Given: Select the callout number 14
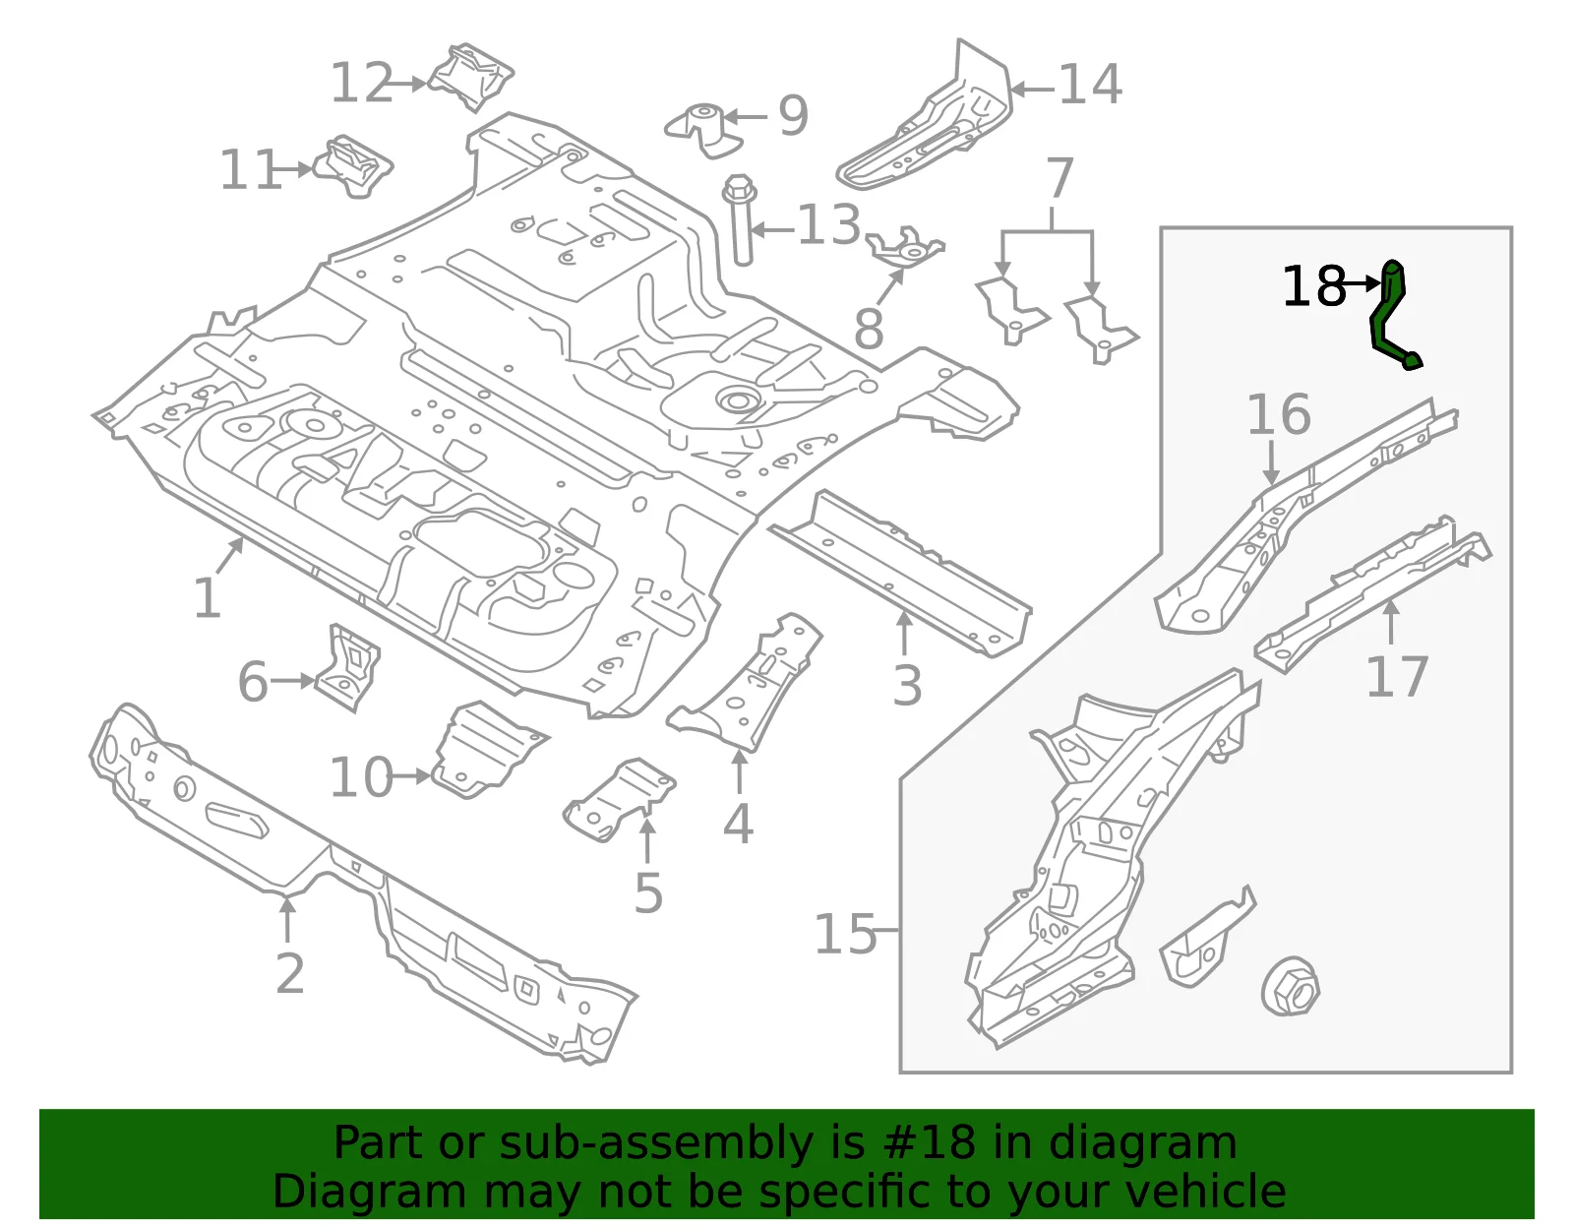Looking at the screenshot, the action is pos(1091,86).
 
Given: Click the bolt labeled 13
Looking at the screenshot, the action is pos(740,219).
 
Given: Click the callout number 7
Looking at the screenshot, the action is pos(1059,177).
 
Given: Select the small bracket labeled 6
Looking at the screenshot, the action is pos(348,667).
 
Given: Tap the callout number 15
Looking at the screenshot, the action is pos(845,934).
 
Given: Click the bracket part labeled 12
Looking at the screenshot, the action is pos(471,78).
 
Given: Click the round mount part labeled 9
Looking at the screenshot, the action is pos(703,130).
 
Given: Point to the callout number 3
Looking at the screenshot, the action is pos(908,685).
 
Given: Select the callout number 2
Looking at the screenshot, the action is pos(290,973).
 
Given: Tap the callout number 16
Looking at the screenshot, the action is pos(1279,414).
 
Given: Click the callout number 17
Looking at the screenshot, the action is pos(1397,676).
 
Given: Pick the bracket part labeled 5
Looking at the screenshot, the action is pos(620,799).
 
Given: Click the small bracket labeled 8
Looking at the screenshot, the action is pos(905,248).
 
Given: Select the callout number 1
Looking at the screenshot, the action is pos(208,598).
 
